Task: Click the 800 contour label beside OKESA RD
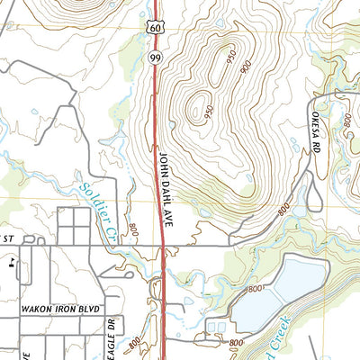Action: pyautogui.click(x=346, y=116)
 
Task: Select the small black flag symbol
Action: pyautogui.click(x=12, y=264)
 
